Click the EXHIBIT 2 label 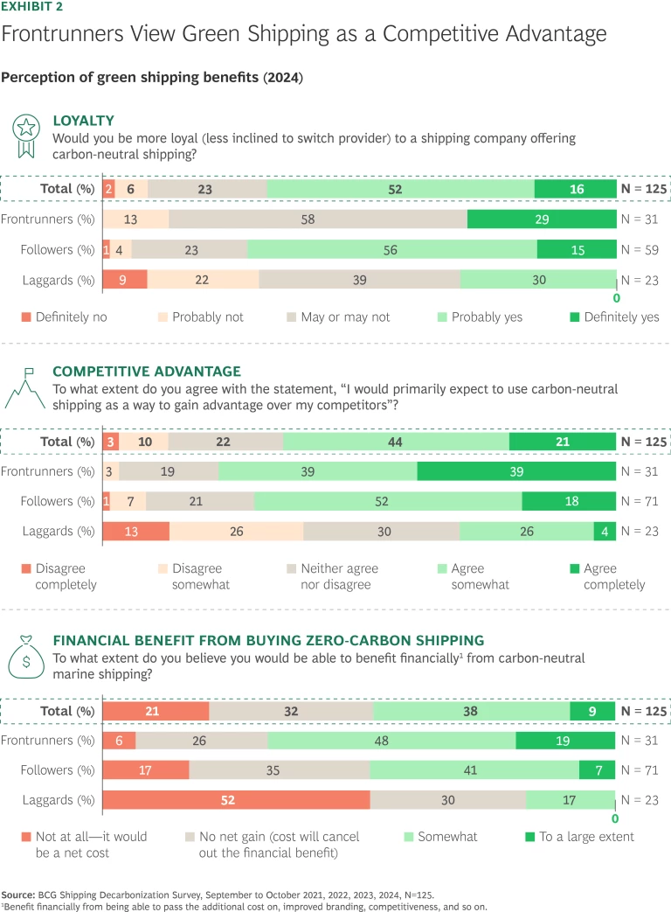[32, 6]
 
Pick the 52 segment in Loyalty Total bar [400, 189]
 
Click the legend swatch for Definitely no [26, 317]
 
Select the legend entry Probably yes [480, 317]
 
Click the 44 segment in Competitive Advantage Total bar [396, 442]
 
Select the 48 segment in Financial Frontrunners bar [391, 741]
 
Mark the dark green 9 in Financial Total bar [592, 711]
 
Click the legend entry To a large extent [586, 837]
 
